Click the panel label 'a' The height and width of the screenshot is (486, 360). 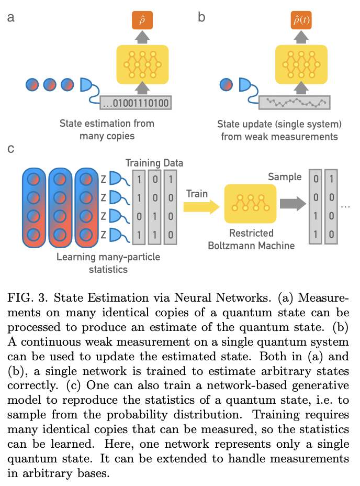[11, 17]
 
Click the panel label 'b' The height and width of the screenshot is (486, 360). [201, 17]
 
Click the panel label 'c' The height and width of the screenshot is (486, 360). [11, 149]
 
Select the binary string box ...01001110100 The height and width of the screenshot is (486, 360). [136, 103]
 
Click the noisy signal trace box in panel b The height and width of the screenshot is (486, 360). [295, 102]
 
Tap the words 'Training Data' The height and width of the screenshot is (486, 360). [154, 163]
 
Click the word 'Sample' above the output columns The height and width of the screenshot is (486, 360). [285, 177]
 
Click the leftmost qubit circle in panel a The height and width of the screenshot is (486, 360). [32, 84]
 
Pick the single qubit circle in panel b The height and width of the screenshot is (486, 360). [226, 84]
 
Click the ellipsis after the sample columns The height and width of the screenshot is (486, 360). [345, 206]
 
